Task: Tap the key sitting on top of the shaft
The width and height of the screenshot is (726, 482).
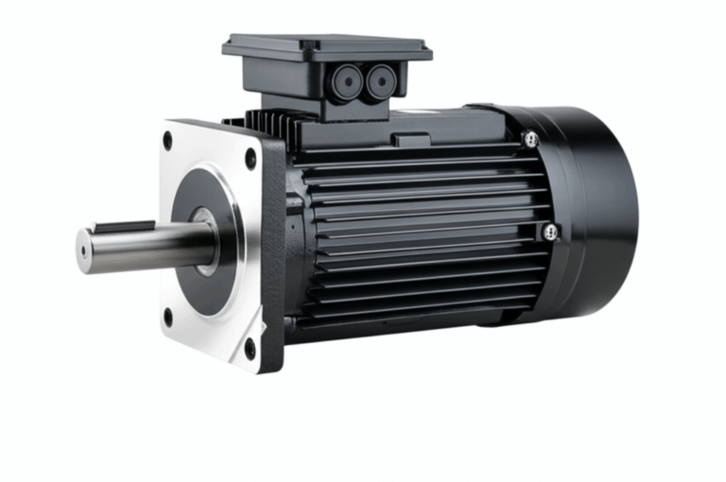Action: (122, 228)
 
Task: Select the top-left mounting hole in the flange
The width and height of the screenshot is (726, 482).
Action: (167, 141)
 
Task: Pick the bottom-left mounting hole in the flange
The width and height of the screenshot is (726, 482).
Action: (167, 318)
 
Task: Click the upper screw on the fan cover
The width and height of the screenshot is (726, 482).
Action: (531, 139)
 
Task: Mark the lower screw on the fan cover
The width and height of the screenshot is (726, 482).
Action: (549, 232)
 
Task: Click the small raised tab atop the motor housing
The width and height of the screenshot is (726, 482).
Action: (412, 141)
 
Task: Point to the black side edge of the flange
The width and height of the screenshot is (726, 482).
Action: (273, 255)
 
